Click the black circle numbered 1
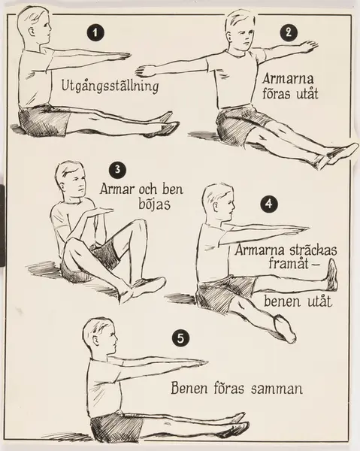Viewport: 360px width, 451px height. coord(95,33)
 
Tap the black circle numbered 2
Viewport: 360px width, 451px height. coord(289,32)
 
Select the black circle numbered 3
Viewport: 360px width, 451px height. coord(117,169)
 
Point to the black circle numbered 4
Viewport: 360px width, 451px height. coord(269,204)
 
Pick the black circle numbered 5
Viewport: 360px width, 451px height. coord(180,338)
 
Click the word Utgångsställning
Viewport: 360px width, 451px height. coord(110,86)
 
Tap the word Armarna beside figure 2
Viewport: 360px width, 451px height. coord(288,78)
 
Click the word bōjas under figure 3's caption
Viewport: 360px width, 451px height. coord(155,204)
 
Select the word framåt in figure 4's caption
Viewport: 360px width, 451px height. coord(289,263)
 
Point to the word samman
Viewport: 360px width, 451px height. coord(277,389)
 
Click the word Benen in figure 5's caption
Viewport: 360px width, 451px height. coord(189,388)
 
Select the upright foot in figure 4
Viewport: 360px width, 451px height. coord(332,274)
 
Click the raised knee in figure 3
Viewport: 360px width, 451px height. coord(139,225)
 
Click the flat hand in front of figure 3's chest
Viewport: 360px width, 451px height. coord(98,211)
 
